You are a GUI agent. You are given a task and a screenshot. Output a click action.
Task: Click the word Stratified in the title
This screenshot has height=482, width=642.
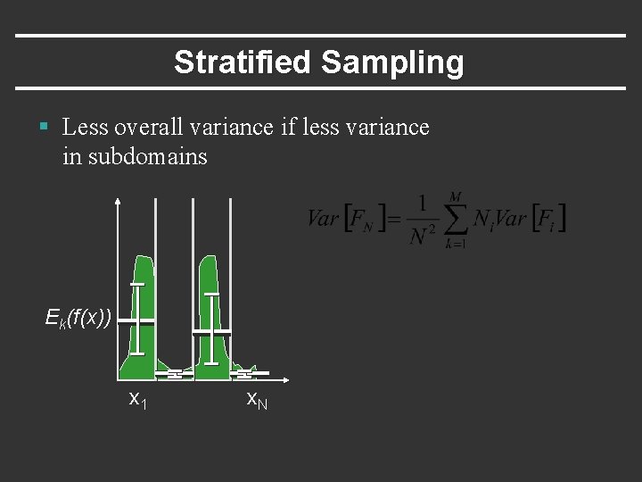(x=243, y=62)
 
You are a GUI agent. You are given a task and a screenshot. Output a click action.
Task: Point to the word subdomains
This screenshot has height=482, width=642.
(x=148, y=157)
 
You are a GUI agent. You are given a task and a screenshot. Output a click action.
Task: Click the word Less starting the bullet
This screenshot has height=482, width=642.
(x=85, y=128)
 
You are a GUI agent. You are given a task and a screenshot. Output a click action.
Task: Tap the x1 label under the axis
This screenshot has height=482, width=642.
(x=138, y=399)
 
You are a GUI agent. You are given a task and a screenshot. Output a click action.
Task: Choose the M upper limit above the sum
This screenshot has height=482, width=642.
(x=456, y=196)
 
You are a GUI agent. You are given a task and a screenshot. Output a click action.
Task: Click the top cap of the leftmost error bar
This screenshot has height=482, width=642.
(x=136, y=284)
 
